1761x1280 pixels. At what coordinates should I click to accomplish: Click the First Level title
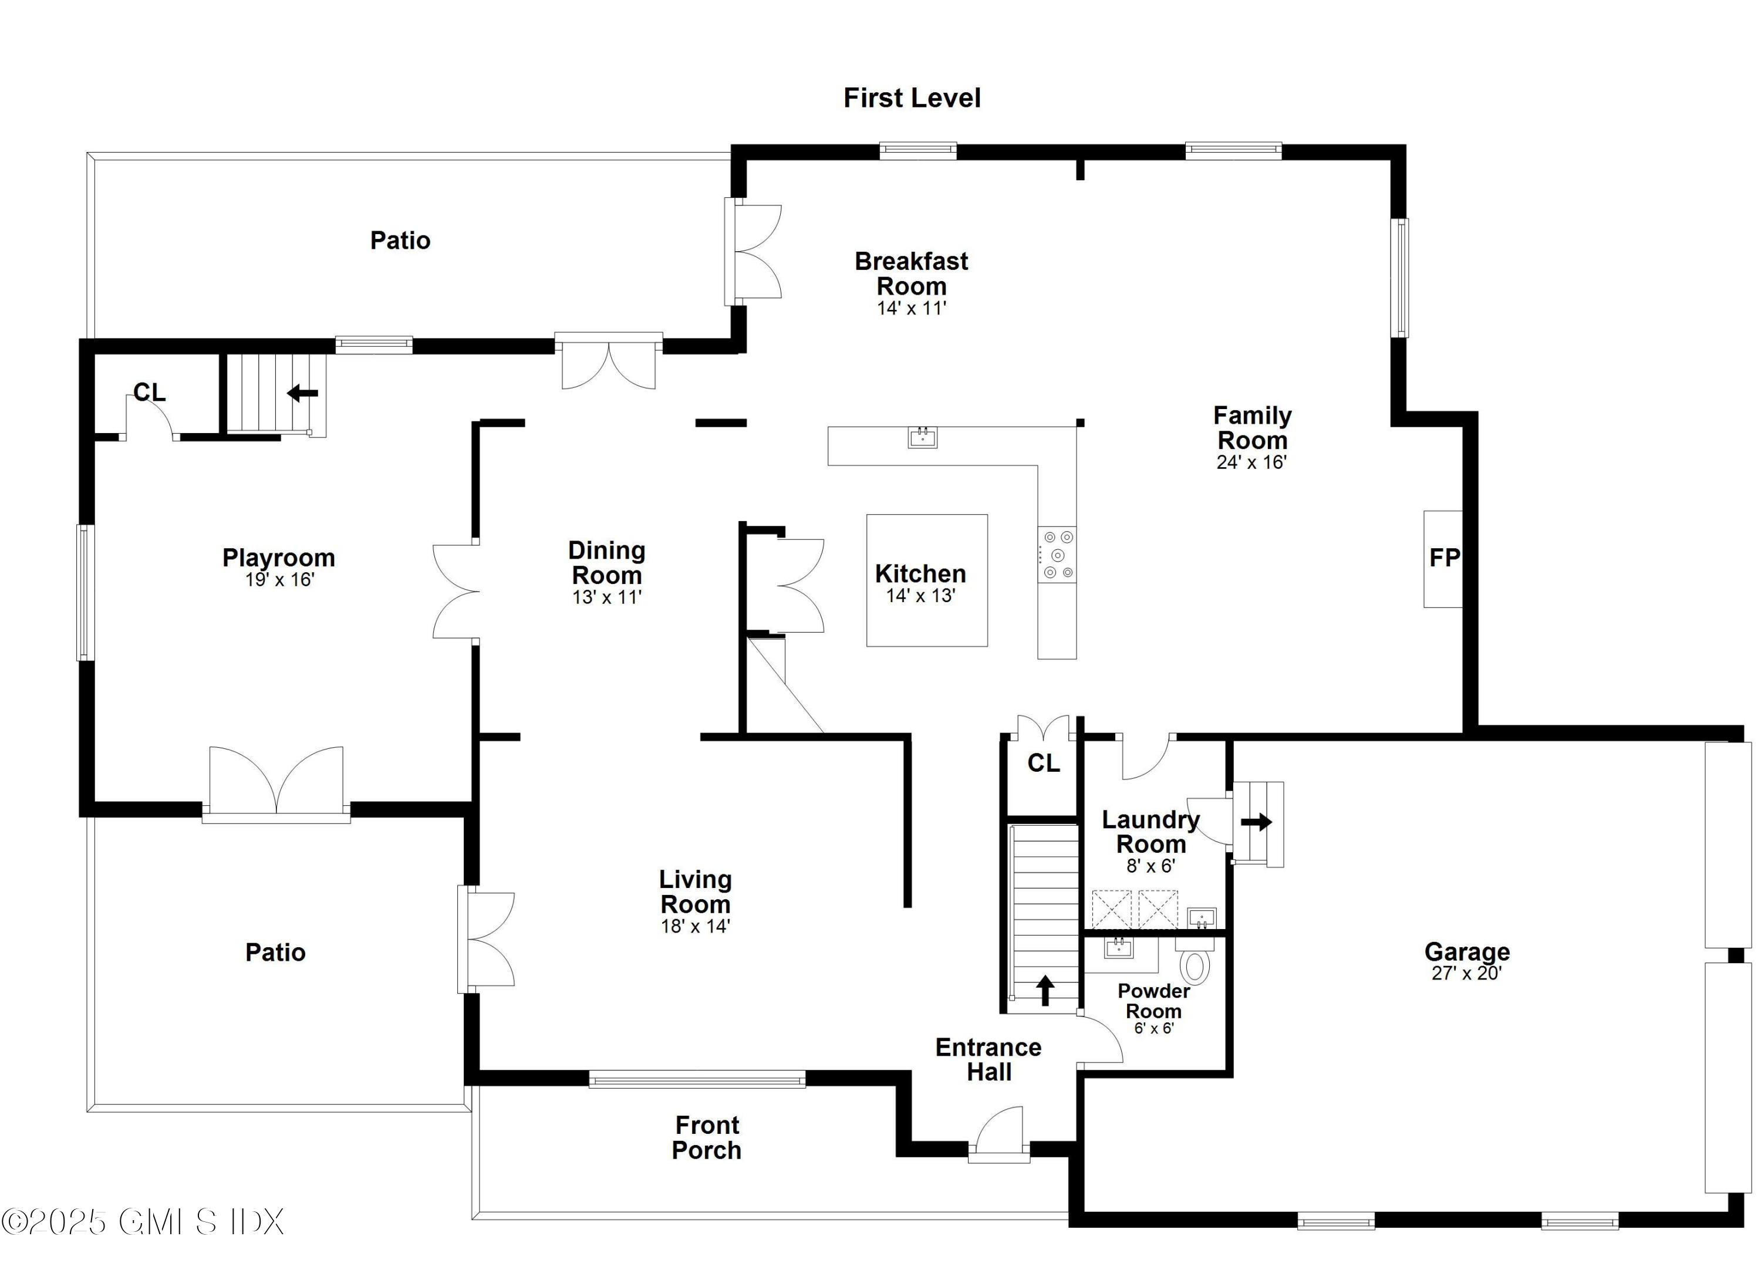(x=912, y=98)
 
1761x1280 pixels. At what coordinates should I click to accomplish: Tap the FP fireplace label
(x=1444, y=558)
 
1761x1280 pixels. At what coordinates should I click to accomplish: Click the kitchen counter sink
(x=922, y=438)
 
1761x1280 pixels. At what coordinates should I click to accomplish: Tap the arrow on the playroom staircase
(x=303, y=394)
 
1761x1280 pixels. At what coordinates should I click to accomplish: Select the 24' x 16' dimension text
(x=1251, y=462)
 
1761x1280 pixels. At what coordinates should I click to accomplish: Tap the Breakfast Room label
(x=911, y=273)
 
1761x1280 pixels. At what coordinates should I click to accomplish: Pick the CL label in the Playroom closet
(x=149, y=393)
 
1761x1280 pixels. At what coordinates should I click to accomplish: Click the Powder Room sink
(x=1118, y=948)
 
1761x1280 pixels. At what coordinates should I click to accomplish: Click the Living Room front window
(x=697, y=1079)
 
